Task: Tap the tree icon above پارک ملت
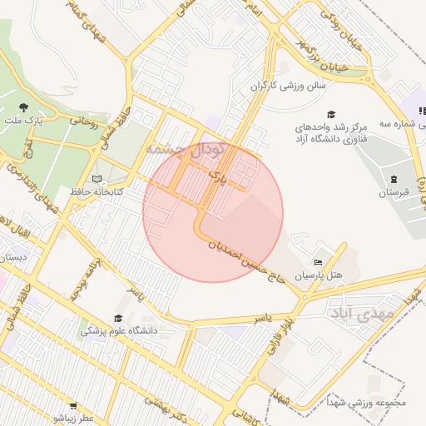[24, 106]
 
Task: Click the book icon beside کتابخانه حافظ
[97, 179]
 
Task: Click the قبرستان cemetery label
[394, 193]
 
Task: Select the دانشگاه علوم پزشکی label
[120, 330]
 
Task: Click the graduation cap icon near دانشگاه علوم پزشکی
[119, 318]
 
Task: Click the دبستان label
[12, 258]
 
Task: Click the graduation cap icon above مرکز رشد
[331, 114]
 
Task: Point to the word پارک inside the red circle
[217, 177]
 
